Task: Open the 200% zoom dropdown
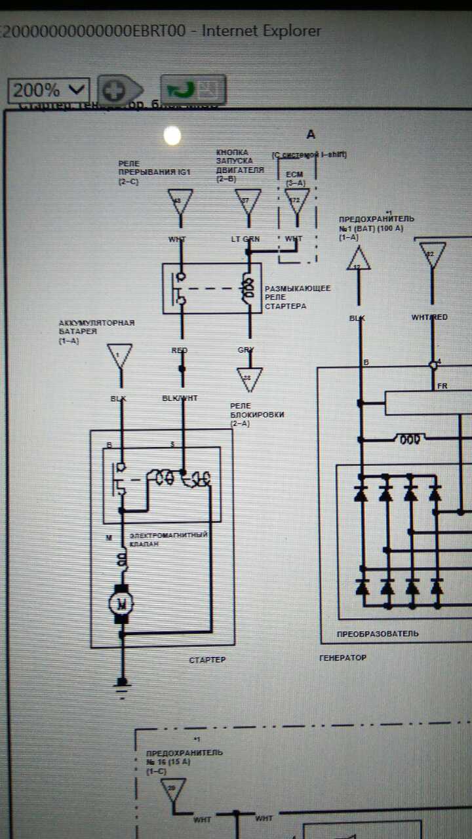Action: (49, 90)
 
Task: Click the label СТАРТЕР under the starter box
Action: (207, 659)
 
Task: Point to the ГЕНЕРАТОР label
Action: (343, 657)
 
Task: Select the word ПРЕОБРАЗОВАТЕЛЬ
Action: (378, 634)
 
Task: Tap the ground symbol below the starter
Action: (121, 685)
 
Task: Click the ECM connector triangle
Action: (297, 201)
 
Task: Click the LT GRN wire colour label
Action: (245, 239)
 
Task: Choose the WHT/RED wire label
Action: (429, 317)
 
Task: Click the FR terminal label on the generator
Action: (442, 386)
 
